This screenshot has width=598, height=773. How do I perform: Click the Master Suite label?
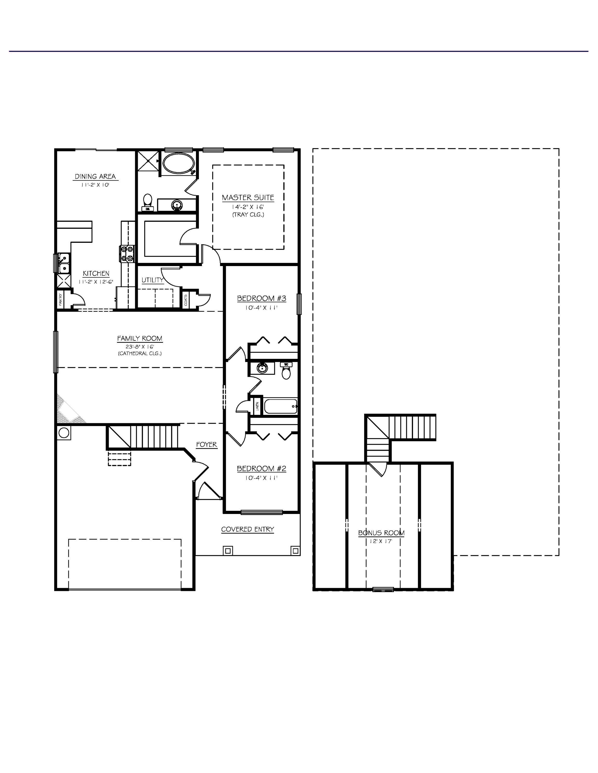coord(248,198)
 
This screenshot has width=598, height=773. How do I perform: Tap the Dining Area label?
coord(95,176)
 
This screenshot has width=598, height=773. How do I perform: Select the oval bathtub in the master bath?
coord(179,163)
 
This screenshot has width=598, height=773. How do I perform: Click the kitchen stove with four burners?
coord(127,254)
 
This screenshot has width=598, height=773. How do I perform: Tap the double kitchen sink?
coord(64,263)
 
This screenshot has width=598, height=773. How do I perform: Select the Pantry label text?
coord(60,300)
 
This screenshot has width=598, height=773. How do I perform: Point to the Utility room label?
coord(152,280)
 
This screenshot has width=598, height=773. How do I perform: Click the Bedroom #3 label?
coord(261,298)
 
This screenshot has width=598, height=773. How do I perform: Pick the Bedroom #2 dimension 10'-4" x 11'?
coord(261,478)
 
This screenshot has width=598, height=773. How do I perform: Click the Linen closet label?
coord(257,406)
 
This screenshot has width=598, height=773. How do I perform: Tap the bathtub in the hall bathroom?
coord(281,406)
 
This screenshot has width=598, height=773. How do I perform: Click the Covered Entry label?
coord(247,529)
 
